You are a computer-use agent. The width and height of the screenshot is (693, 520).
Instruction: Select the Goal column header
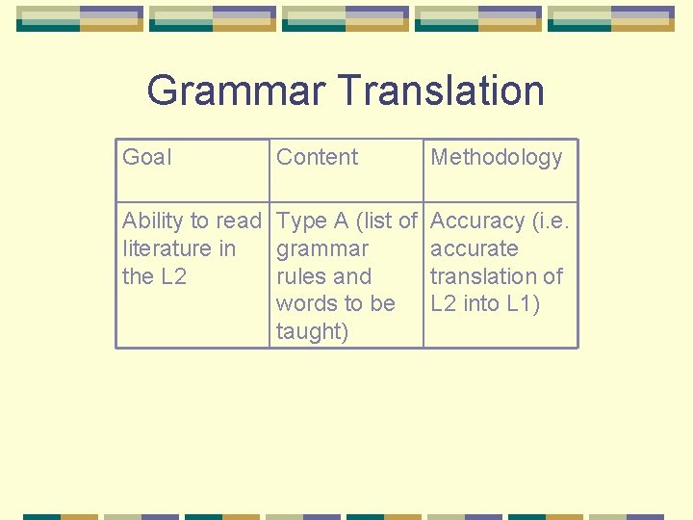(x=146, y=157)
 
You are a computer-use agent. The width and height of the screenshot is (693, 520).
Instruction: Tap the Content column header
(x=317, y=157)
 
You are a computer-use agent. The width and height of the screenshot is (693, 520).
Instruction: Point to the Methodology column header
(x=496, y=157)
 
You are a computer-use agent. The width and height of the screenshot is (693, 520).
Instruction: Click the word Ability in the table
(x=152, y=221)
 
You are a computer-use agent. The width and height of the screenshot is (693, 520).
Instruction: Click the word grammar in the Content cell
(x=321, y=248)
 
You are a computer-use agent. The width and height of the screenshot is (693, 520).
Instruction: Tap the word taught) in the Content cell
(x=312, y=332)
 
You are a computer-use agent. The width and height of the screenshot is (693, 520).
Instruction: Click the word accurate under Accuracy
(x=474, y=248)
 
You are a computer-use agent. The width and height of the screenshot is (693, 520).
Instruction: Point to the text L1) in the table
(x=523, y=303)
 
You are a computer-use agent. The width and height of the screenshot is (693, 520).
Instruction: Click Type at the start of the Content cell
(x=300, y=221)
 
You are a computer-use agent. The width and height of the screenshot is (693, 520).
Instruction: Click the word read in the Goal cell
(x=240, y=221)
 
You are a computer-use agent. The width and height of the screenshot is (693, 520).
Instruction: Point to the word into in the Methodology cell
(x=480, y=303)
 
